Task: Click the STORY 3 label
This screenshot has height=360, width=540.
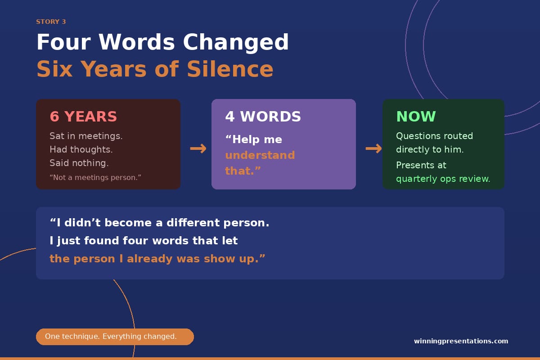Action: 51,22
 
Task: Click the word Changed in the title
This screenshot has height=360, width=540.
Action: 236,42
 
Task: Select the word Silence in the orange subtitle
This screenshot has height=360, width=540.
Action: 230,69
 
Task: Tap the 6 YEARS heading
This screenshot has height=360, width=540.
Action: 83,117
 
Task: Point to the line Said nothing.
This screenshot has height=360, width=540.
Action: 79,163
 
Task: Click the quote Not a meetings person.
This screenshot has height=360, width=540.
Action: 95,177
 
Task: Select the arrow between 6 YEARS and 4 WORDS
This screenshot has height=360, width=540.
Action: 198,148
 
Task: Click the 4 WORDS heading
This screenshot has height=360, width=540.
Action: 263,117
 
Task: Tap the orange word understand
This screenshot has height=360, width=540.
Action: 260,155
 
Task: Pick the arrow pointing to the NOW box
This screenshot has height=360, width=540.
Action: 373,148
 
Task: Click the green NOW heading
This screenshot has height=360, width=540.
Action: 416,117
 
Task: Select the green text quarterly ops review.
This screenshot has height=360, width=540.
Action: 443,179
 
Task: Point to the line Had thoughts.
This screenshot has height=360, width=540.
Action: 81,149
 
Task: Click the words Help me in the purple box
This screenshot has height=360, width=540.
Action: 254,139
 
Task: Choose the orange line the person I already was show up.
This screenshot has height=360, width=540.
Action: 157,259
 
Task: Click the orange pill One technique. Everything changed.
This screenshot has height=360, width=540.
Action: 115,337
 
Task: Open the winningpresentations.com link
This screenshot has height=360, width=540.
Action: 461,341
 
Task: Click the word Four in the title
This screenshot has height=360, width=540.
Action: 63,42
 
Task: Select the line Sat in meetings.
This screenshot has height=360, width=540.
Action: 86,136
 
